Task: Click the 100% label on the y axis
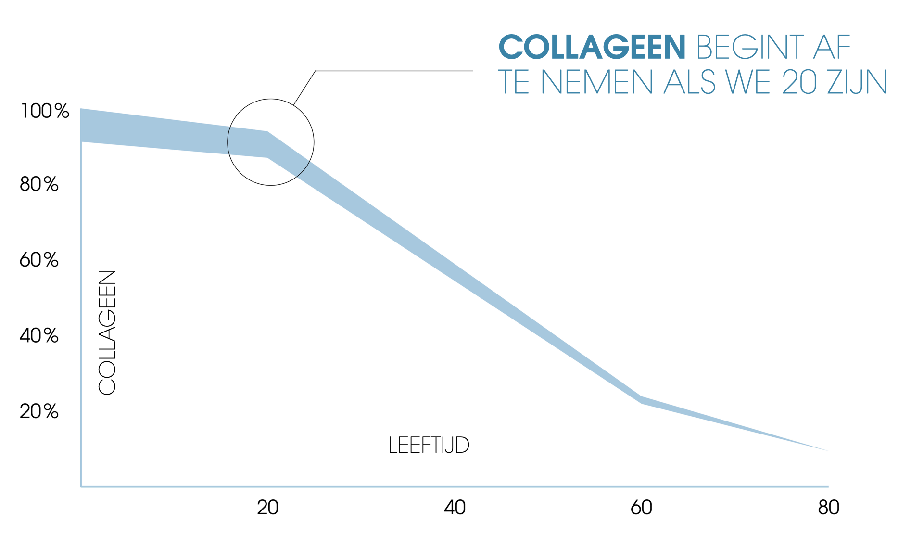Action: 45,111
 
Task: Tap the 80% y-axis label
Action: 39,184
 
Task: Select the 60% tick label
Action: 39,260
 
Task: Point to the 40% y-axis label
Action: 39,336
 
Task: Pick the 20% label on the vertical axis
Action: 39,411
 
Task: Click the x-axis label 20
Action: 267,508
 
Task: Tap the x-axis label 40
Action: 455,508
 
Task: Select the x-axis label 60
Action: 641,508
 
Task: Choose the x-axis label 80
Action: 828,508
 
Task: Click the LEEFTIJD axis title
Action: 429,446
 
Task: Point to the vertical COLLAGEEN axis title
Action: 107,332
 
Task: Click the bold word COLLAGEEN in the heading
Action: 592,47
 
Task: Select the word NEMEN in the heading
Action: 597,82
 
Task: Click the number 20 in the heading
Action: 799,82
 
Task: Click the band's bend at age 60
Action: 641,400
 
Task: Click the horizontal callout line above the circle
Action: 394,71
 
